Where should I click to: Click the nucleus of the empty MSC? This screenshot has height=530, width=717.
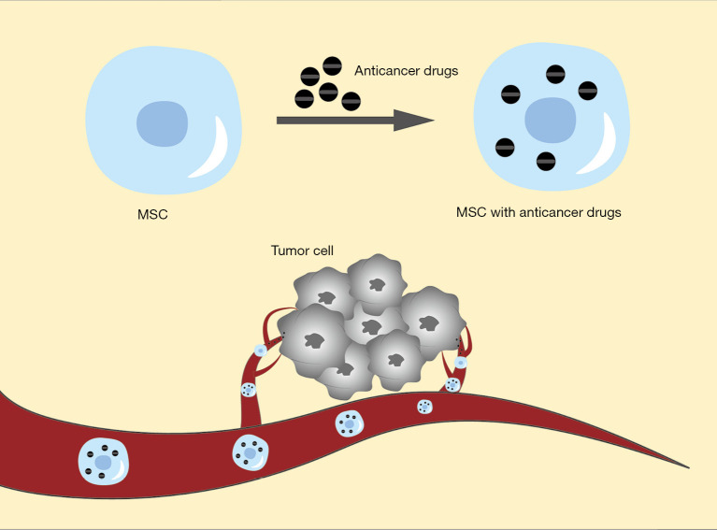163,124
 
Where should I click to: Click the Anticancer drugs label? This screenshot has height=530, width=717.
406,70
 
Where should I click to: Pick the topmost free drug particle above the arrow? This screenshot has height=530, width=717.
332,65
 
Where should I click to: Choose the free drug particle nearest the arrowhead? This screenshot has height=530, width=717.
351,101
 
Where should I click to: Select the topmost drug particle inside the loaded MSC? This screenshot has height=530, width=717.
554,73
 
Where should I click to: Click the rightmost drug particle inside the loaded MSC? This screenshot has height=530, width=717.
587,90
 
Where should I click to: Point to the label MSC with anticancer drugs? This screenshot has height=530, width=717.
538,212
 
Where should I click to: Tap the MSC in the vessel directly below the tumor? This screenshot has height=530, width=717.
349,424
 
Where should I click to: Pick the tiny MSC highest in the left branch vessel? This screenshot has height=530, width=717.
262,351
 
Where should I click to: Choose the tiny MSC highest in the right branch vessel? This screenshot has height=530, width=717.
461,362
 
